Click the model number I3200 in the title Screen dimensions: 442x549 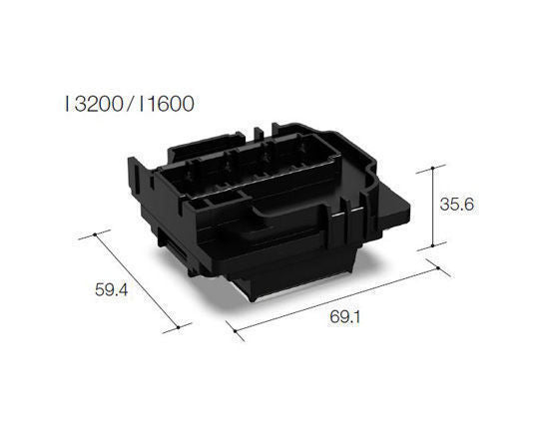[x=94, y=103]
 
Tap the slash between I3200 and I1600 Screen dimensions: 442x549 [x=128, y=103]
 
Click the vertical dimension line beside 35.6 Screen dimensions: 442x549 [x=432, y=205]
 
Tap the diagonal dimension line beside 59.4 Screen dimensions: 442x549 [x=139, y=281]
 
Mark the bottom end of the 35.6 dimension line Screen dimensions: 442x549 [x=432, y=246]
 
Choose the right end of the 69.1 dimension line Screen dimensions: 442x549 [x=433, y=264]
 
